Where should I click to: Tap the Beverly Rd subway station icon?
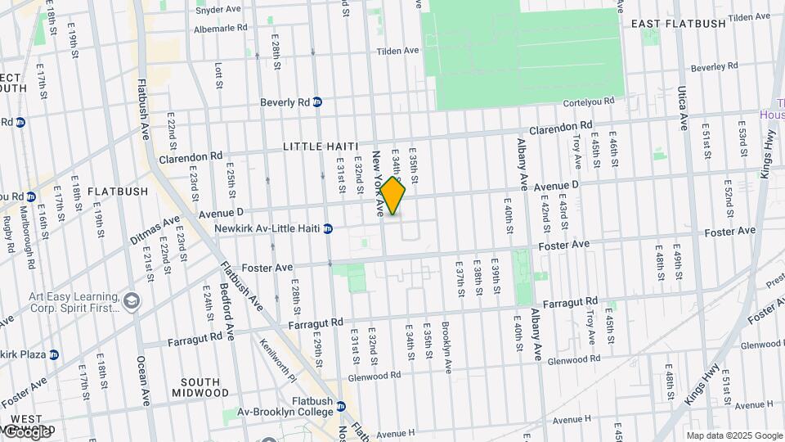317,102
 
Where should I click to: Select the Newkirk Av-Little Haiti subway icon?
328,229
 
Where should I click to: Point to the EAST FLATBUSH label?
678,24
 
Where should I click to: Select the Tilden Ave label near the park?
397,51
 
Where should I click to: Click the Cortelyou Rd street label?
594,103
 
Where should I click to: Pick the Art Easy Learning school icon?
130,303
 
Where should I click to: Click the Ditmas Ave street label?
155,230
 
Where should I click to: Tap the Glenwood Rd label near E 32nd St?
374,376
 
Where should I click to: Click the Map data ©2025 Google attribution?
734,435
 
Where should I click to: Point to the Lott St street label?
218,75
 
